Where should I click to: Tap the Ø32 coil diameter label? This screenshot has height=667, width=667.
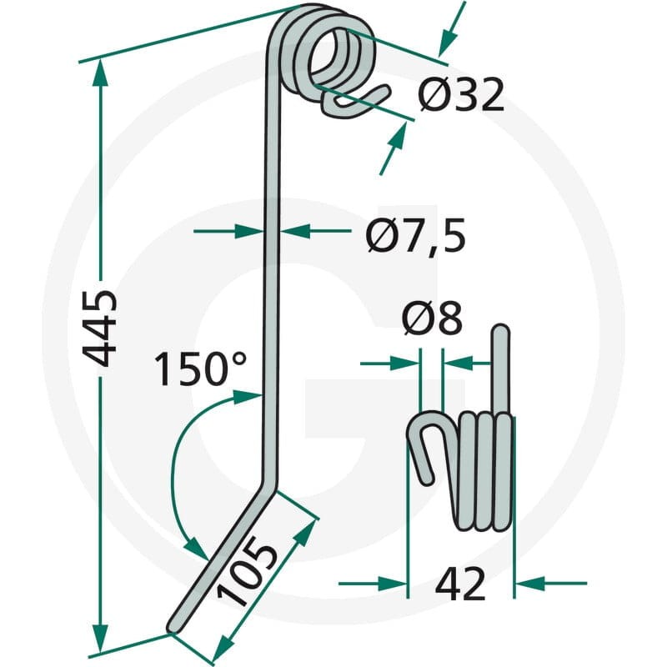click(x=460, y=94)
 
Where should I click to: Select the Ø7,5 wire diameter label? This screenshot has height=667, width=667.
click(x=415, y=235)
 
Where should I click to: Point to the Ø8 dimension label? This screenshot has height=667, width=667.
click(x=432, y=318)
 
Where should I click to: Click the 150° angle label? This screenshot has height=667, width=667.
click(x=200, y=369)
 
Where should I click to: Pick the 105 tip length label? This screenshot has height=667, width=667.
click(x=247, y=570)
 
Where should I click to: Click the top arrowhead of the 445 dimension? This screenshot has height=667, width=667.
click(x=100, y=73)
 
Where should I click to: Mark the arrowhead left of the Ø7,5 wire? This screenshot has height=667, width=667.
click(x=249, y=232)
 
